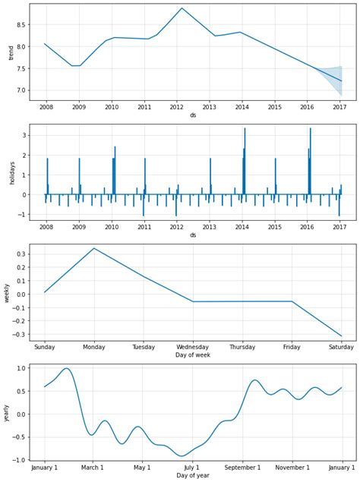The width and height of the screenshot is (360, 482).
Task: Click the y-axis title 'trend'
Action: point(11,52)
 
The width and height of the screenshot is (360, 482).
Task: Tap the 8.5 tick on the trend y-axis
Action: point(21,24)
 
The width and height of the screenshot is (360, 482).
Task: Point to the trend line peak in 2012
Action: point(182,8)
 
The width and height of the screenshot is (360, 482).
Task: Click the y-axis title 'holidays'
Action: point(11,172)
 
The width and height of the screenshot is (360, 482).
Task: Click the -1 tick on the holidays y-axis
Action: point(23,214)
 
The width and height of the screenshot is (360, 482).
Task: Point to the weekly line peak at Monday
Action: point(94,248)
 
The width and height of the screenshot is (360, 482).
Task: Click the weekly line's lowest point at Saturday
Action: point(341,336)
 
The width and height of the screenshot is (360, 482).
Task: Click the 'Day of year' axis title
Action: point(193,476)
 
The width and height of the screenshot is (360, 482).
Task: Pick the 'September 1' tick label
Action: point(243,468)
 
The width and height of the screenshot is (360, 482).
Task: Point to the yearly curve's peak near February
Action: point(67,368)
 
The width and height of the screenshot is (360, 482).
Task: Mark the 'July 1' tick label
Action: point(193,468)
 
